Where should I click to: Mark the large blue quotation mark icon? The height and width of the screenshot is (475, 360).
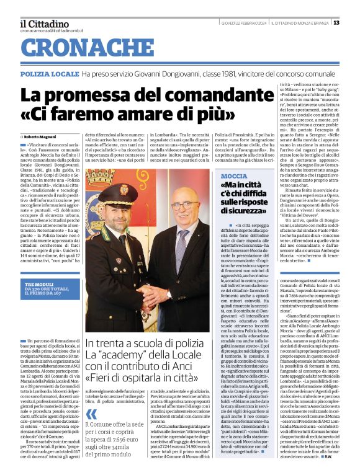pyautogui.click(x=91, y=414)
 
